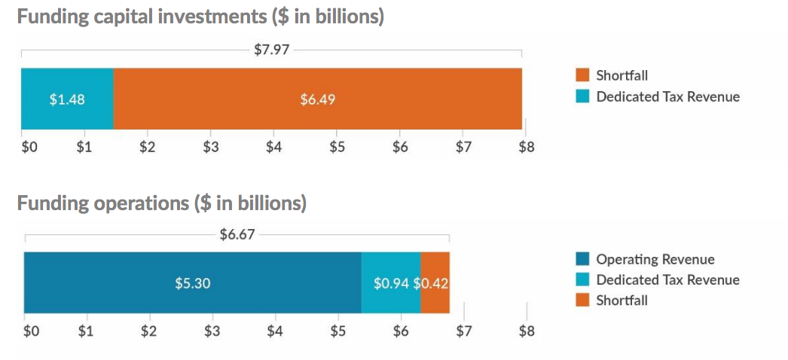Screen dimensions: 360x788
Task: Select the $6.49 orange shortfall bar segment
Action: coord(317,99)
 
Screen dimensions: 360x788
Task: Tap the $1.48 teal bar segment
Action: coord(67,99)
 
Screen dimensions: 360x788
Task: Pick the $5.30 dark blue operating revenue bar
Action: coord(192,282)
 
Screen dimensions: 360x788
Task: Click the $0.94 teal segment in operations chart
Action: coord(391,282)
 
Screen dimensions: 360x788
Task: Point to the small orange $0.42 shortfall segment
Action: coord(435,282)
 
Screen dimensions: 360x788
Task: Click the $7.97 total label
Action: coord(271,51)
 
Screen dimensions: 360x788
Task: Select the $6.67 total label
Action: coord(237,234)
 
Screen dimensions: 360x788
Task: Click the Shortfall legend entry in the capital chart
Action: coord(622,75)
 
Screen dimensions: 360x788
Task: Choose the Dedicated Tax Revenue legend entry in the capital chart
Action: coord(667,96)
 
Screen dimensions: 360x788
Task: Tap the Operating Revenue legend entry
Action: coord(655,259)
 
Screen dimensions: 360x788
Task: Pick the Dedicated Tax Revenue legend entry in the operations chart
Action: coord(667,279)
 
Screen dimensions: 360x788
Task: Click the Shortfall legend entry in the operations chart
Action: coord(622,301)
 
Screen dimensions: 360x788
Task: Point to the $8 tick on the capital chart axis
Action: coord(526,147)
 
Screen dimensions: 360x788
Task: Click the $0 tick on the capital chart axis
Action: coord(29,147)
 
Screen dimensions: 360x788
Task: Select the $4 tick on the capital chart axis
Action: coord(273,147)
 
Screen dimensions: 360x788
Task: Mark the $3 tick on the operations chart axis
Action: coord(212,331)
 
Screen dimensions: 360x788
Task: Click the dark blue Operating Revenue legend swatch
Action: coord(582,259)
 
